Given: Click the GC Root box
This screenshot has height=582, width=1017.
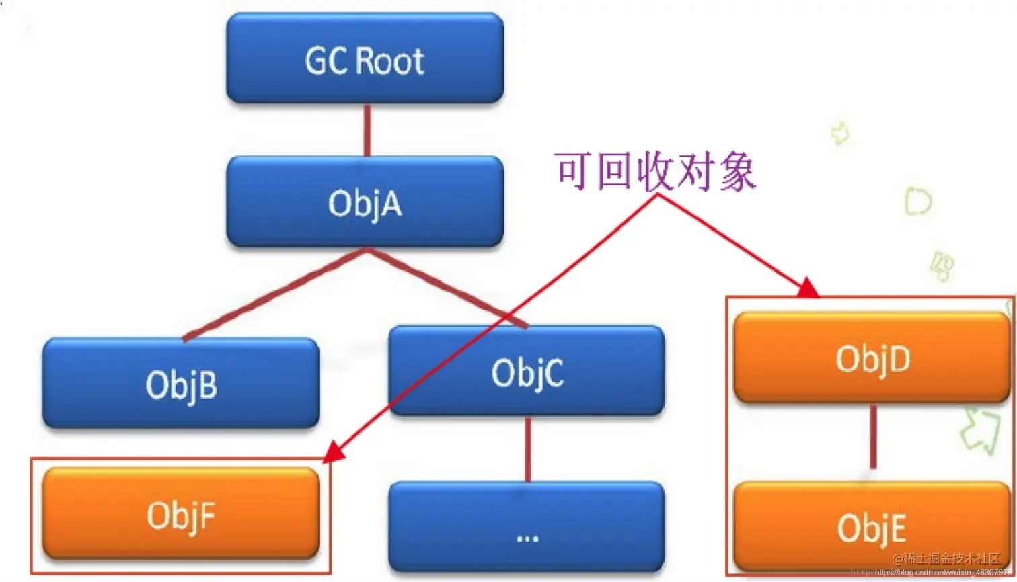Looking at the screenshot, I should point(365,59).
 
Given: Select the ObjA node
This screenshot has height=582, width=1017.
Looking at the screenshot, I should point(365,202).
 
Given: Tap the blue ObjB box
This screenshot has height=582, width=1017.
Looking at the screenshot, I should point(180,383).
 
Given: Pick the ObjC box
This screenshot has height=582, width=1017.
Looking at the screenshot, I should point(527,371).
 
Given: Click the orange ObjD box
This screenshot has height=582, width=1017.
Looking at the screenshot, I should point(872,358).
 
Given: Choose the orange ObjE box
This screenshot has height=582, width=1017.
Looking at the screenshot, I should point(872,526).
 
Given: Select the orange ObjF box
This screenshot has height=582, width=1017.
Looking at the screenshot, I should point(180,515).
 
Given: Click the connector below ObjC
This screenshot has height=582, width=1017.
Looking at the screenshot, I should point(527,449).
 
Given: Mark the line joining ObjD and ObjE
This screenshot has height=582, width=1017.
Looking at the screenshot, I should point(873,437).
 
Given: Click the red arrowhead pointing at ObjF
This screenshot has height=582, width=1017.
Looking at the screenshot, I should point(334,454).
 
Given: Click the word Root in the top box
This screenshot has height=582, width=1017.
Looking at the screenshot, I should point(389,60).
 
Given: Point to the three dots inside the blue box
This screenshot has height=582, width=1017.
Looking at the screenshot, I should point(527,537).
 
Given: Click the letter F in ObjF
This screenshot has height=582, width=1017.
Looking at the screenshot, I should point(207,515).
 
